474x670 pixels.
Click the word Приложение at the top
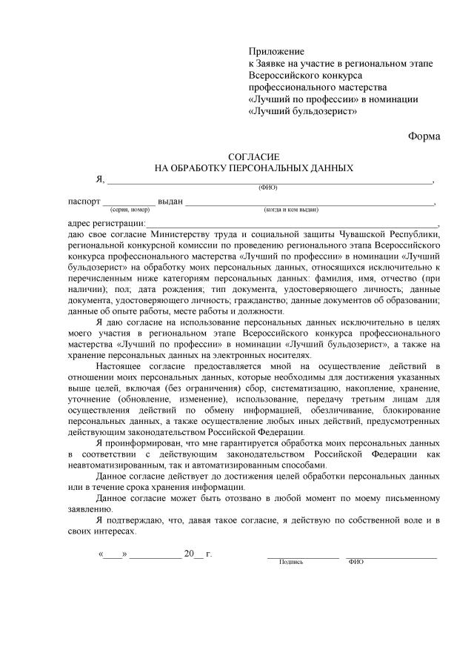276,51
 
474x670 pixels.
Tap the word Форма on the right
423,136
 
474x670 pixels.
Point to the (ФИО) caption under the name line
268,188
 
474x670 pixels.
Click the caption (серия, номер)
130,210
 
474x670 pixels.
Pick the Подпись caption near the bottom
291,562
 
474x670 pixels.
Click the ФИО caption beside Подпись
355,562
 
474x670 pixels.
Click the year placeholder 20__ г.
197,554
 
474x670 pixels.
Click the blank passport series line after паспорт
129,202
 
